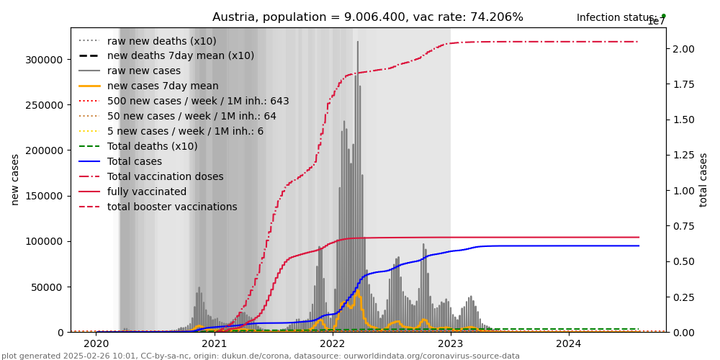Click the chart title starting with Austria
[x=367, y=17]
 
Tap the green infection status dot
[x=663, y=16]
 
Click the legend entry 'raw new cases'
[x=144, y=71]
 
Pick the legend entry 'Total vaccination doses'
[x=165, y=176]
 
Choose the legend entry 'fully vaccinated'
[x=147, y=192]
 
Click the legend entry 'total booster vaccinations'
[x=172, y=207]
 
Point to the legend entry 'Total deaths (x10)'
[x=152, y=146]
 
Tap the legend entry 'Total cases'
[x=136, y=161]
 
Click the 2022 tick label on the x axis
[x=333, y=343]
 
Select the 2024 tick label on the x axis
[x=569, y=343]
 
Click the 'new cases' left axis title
[x=15, y=179]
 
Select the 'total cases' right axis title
[x=703, y=179]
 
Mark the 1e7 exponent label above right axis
[x=656, y=22]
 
